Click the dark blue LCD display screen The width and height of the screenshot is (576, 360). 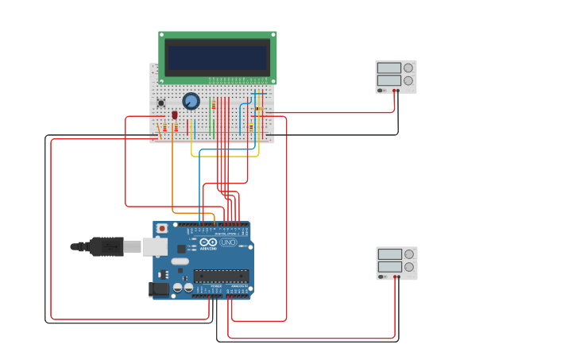(217, 57)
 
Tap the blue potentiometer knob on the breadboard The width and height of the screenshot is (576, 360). (191, 101)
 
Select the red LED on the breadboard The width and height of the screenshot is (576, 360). (175, 115)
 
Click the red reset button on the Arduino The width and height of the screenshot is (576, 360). (162, 228)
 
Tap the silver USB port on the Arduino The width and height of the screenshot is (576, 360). (155, 247)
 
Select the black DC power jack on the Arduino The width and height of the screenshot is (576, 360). (159, 290)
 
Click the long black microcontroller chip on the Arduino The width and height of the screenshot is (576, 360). (221, 276)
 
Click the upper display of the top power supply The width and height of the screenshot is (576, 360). (389, 68)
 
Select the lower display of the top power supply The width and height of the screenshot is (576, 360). (389, 80)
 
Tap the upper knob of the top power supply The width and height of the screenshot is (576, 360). (408, 68)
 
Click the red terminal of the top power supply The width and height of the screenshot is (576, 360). (393, 91)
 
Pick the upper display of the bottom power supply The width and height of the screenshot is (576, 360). (389, 254)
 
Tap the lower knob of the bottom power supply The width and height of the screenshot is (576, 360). (409, 267)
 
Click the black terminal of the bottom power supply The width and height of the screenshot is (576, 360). (399, 277)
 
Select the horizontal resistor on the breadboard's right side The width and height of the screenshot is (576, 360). (260, 108)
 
